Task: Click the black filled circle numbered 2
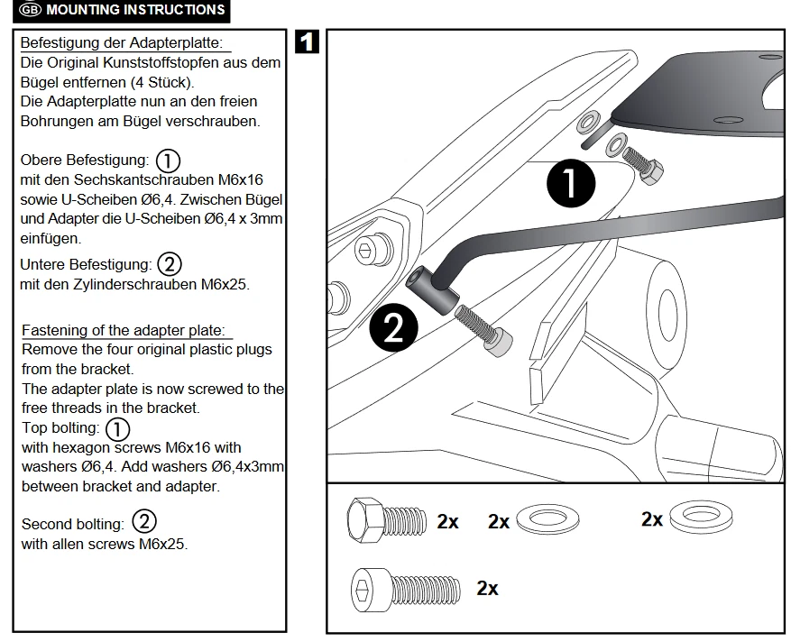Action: point(393,328)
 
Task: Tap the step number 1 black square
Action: point(307,42)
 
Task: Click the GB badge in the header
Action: point(30,11)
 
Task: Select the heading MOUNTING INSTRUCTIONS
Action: point(135,11)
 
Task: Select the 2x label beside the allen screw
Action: point(487,589)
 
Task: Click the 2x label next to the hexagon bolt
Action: point(447,521)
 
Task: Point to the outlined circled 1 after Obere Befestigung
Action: point(168,160)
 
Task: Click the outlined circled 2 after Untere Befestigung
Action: point(170,265)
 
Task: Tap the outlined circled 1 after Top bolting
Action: point(118,428)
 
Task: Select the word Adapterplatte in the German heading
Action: point(179,43)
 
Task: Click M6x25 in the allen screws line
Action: point(162,544)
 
